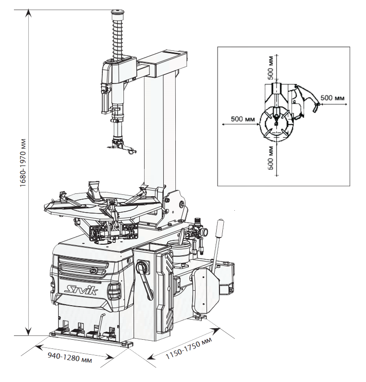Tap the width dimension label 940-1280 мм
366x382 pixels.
(x=70, y=357)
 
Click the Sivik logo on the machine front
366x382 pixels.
(x=81, y=290)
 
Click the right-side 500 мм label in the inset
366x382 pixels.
(x=332, y=98)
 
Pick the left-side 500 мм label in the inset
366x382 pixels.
(x=243, y=119)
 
